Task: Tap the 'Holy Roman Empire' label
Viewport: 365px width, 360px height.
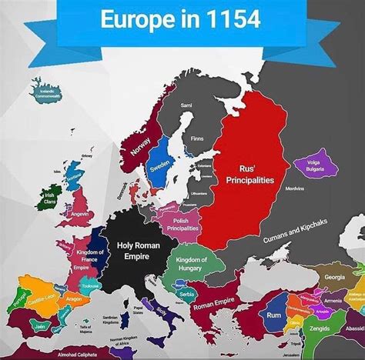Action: tap(139, 251)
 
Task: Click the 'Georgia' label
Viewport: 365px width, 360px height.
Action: tap(334, 277)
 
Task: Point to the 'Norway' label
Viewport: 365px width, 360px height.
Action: tap(141, 142)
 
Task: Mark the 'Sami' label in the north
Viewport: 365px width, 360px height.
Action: tap(186, 105)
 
